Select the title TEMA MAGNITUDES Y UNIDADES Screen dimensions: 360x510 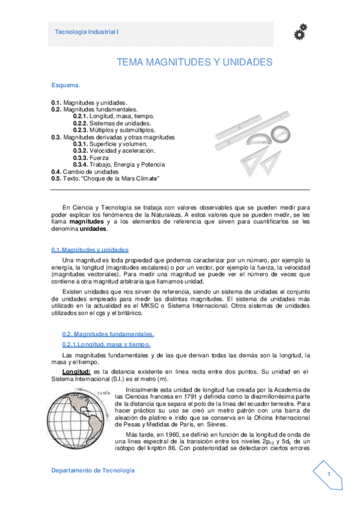click(x=194, y=62)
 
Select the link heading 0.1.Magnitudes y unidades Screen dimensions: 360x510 click(x=90, y=250)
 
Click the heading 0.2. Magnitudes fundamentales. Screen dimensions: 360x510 click(x=108, y=334)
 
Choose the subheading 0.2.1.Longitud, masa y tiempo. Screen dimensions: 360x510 click(x=106, y=344)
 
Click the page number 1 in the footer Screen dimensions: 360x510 click(x=329, y=475)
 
